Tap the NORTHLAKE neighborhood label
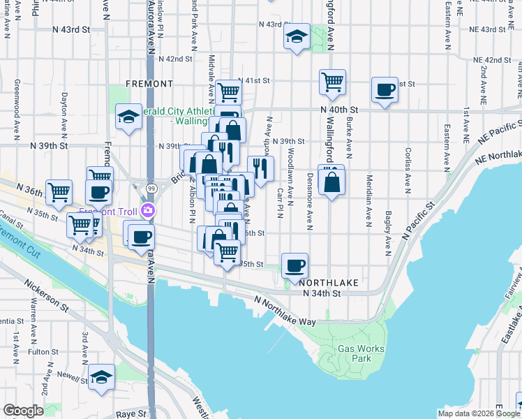coord(329,282)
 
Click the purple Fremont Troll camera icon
coord(147,211)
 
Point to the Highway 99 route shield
coord(151,188)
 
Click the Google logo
coord(22,411)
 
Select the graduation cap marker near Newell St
coord(101,378)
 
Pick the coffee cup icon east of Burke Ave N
coord(385,89)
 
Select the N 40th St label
coord(339,110)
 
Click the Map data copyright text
coord(478,413)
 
